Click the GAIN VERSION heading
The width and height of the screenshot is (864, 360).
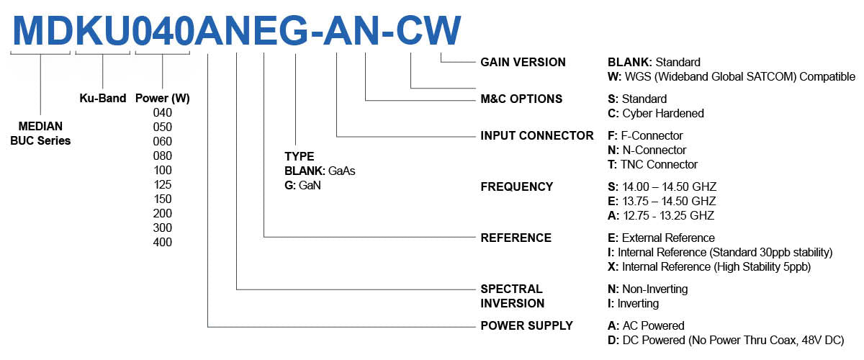523,63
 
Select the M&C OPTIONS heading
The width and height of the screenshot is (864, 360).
521,99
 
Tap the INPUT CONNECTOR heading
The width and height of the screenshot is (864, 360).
537,135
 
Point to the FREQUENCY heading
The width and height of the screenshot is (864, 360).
517,186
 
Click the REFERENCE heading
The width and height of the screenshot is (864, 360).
516,238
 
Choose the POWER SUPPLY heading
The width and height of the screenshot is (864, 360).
527,325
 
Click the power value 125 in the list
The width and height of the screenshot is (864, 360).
163,184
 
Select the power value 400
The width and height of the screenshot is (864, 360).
163,242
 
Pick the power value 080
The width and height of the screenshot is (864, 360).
163,156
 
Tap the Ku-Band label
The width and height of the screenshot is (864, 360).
103,98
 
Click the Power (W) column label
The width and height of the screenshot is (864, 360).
163,98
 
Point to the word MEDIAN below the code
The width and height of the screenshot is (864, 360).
40,126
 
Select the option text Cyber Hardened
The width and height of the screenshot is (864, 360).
663,113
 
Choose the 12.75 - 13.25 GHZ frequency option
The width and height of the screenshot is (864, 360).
661,215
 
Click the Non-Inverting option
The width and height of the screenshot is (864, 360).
654,289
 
